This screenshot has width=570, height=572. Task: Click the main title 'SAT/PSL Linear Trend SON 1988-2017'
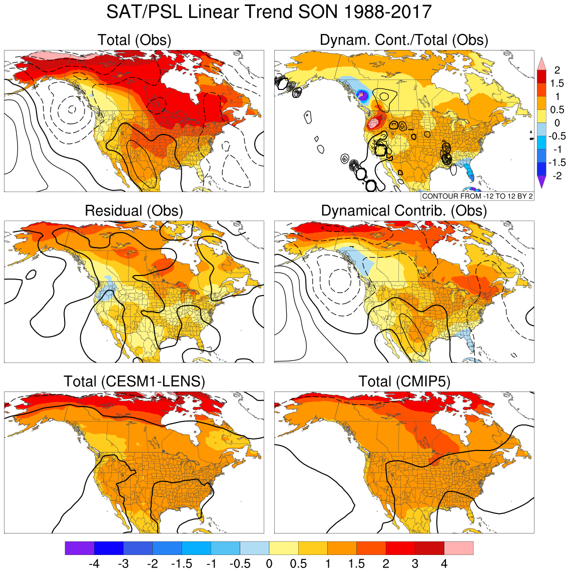coord(269,12)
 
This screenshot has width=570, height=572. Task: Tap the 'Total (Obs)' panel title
coord(134,40)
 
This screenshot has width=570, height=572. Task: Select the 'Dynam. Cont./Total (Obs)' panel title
coord(404,40)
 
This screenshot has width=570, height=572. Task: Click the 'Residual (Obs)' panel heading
coord(134,210)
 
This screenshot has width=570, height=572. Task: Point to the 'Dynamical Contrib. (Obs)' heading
coord(404,210)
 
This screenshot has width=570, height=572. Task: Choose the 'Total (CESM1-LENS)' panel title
coord(134,381)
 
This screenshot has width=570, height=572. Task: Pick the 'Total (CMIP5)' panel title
coord(404,381)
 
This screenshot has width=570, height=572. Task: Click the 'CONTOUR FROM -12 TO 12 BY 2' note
coord(477,196)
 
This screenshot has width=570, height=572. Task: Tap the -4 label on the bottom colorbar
coord(94,564)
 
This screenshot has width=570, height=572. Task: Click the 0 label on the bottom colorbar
coord(269,564)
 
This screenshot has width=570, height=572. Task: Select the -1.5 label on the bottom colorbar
coord(181,564)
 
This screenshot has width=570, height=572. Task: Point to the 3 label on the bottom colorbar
coord(415,564)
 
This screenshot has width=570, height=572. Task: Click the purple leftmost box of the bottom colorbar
coord(80,548)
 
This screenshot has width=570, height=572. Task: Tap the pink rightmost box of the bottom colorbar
coord(458,548)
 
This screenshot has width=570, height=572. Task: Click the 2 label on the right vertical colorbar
coord(557,70)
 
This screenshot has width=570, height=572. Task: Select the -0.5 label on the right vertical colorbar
coord(557,136)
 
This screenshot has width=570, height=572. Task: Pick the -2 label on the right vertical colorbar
coord(556,175)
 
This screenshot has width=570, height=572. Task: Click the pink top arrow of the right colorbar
coord(541,63)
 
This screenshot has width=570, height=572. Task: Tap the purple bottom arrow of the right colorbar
coord(541,182)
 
